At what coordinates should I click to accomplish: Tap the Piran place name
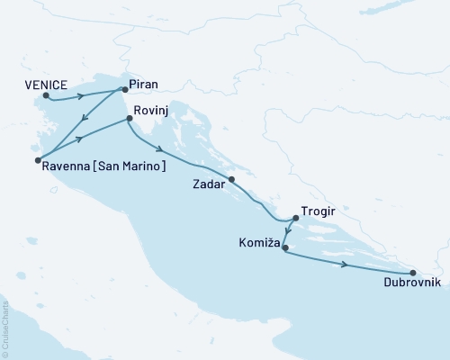coord(144,84)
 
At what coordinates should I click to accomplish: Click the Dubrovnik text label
coord(411,283)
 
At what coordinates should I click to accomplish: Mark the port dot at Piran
coord(124,90)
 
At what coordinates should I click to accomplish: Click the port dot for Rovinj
coord(130,117)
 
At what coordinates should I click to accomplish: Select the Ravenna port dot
coord(38,161)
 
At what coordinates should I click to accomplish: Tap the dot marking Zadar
coord(232,180)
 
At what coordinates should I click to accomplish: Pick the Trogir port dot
coord(296,218)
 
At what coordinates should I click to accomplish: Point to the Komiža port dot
coord(284,247)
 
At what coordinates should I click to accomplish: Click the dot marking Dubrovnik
coord(412,273)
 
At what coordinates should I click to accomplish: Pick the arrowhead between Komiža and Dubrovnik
coord(346,265)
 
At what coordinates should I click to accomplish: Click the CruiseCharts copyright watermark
coord(5,328)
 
